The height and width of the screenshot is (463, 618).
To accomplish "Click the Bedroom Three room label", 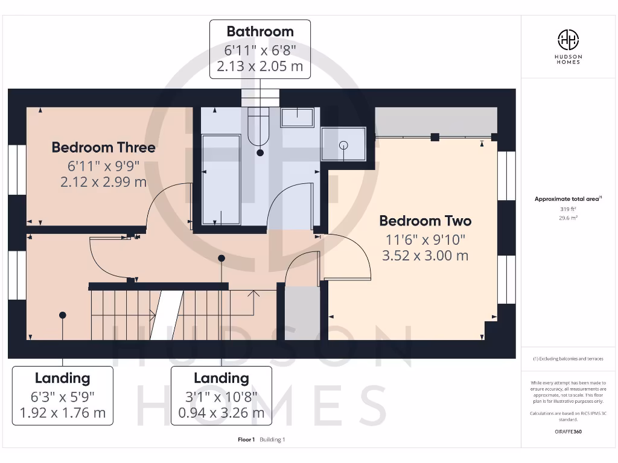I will click(x=103, y=148).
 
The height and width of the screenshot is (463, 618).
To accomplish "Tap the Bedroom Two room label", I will click(x=425, y=221).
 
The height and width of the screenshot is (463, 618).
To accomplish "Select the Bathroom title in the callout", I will click(x=260, y=31).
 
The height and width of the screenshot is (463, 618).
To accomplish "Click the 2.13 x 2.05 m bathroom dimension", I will click(x=260, y=66).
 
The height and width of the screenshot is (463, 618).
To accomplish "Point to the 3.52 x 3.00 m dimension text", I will click(x=425, y=256).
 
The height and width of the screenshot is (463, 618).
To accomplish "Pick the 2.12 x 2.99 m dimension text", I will click(x=103, y=181).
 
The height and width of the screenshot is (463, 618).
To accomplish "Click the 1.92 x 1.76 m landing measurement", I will click(x=62, y=413).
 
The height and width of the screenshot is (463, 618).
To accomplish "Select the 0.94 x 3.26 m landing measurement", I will click(x=221, y=413).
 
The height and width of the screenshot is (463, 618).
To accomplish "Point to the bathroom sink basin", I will click(x=297, y=118).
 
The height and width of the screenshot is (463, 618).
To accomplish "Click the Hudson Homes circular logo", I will click(x=568, y=40).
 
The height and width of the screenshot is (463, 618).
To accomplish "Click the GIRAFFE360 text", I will click(x=568, y=432).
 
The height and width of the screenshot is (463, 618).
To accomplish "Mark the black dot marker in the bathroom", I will click(x=260, y=153).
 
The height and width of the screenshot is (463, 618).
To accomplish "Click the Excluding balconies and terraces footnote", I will click(x=568, y=359).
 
